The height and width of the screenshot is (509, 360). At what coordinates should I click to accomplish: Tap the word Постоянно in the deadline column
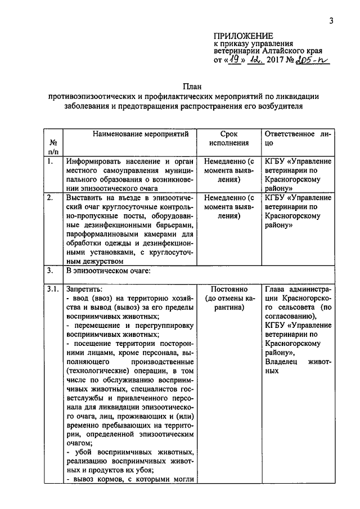coord(229,289)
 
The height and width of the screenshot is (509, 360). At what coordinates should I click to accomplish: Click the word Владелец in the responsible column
coord(282,362)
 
